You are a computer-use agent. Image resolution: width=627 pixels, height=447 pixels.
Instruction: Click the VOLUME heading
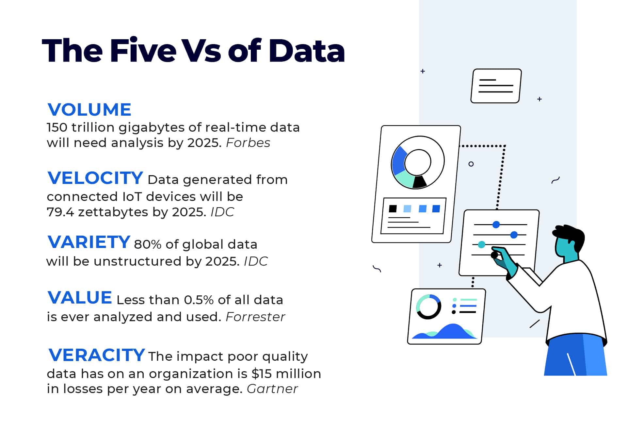point(89,109)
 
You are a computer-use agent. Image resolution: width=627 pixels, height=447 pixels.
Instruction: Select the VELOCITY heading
point(95,178)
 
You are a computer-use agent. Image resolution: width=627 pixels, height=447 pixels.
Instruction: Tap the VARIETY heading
point(89,242)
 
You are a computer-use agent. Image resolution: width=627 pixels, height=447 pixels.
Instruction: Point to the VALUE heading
point(80,298)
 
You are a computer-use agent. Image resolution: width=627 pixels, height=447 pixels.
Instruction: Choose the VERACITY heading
point(97,355)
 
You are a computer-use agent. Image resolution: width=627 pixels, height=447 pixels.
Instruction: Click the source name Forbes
point(248,143)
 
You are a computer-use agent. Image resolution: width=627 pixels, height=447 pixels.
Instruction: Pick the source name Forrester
point(255,317)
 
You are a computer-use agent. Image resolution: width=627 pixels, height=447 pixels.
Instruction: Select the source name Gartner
point(272,389)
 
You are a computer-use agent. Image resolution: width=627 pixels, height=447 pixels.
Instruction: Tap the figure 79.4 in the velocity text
point(60,212)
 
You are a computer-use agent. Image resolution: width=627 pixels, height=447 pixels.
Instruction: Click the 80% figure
point(147,244)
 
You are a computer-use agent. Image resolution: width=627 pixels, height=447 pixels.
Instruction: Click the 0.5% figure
point(199,300)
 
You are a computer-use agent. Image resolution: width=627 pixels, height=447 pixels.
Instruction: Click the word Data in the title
point(306,51)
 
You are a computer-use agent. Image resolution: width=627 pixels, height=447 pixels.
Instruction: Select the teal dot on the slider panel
point(481,244)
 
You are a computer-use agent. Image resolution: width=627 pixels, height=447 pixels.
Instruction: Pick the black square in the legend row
point(393,209)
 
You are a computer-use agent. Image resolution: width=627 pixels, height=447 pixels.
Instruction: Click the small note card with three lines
point(496,86)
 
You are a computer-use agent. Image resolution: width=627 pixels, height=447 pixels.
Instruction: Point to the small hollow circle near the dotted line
point(471,164)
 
